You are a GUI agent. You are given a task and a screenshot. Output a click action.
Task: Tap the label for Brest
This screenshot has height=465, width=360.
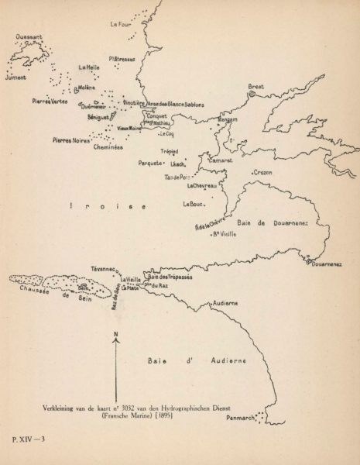coord(256,86)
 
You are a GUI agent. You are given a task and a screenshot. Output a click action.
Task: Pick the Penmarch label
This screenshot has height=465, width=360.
coord(241,418)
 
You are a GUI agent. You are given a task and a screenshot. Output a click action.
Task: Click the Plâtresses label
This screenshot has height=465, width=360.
coord(122,58)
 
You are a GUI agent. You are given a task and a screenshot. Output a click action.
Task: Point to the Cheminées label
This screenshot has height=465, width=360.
coord(108,146)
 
